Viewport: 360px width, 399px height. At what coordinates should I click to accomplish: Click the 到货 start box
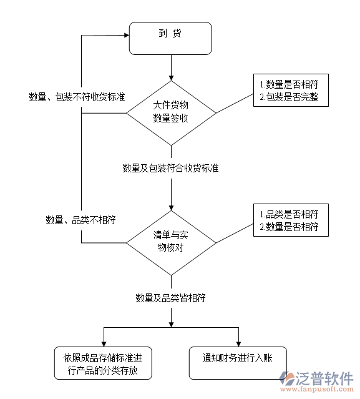pos(170,38)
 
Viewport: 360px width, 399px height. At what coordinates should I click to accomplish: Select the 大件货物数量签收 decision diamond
pos(171,113)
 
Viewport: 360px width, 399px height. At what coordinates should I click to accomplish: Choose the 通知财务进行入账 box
pos(238,363)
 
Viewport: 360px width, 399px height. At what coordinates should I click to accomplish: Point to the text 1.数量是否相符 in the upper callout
pos(289,84)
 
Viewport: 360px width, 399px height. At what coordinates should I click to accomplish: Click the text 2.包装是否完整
pos(289,97)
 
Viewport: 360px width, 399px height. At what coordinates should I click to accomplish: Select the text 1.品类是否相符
pos(289,214)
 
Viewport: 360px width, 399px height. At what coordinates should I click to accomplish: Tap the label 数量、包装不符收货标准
pos(77,97)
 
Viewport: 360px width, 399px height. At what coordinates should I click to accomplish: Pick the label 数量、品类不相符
pos(80,220)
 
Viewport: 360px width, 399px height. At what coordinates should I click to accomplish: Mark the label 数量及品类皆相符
pos(171,298)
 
